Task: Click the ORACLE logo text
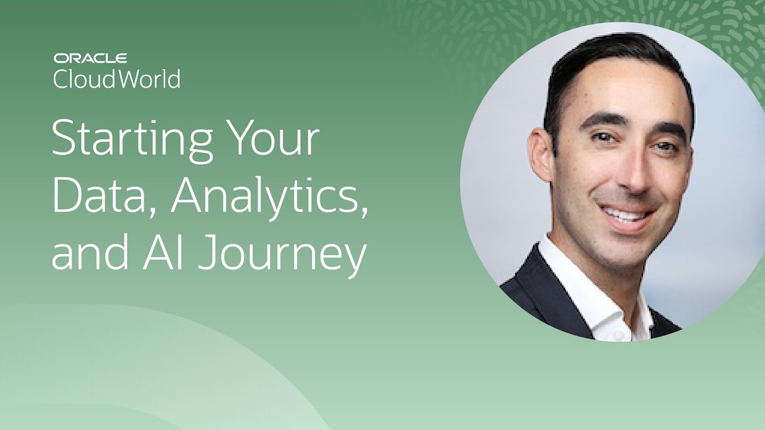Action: (90, 59)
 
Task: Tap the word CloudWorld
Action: (117, 79)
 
